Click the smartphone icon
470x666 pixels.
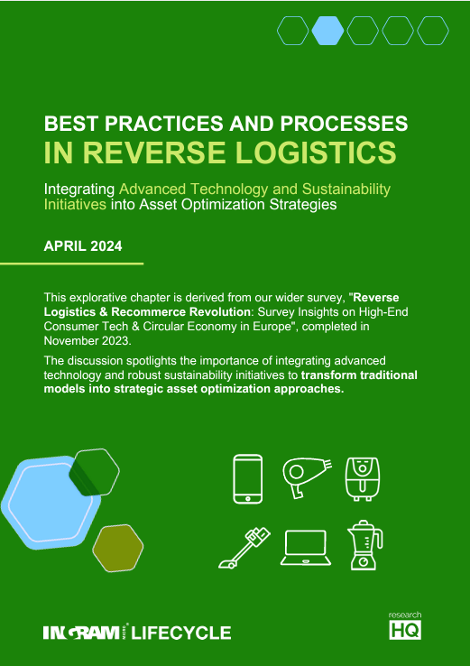coord(248,478)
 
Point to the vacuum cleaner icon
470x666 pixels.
coord(244,547)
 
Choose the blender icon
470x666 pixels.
coord(363,545)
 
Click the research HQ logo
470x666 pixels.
coord(405,625)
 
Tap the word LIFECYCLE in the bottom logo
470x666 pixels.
coord(181,633)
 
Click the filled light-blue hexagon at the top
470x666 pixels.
coord(327,31)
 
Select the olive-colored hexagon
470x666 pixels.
coord(117,549)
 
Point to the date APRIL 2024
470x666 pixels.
coord(83,245)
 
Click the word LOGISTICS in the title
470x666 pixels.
coord(312,152)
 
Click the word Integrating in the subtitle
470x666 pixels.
coord(79,189)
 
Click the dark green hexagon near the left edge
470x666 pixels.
coord(94,470)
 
